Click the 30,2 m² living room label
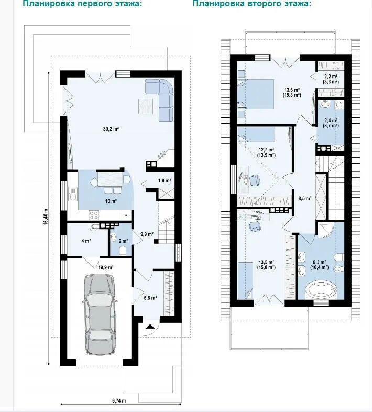pyautogui.click(x=111, y=129)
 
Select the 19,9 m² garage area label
pyautogui.click(x=106, y=267)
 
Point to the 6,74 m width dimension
pyautogui.click(x=119, y=400)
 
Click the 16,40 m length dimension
pyautogui.click(x=46, y=216)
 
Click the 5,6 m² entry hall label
pyautogui.click(x=150, y=298)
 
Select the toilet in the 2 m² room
pyautogui.click(x=123, y=251)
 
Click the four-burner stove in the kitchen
pyautogui.click(x=94, y=215)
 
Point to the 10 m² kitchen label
pyautogui.click(x=111, y=201)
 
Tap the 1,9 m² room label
pyautogui.click(x=165, y=180)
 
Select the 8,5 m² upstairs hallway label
pyautogui.click(x=305, y=198)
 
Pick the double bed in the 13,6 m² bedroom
pyautogui.click(x=256, y=94)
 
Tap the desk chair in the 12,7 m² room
pyautogui.click(x=255, y=180)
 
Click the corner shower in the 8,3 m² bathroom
pyautogui.click(x=325, y=230)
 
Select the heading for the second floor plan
pyautogui.click(x=251, y=4)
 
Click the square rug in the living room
pyautogui.click(x=146, y=106)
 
